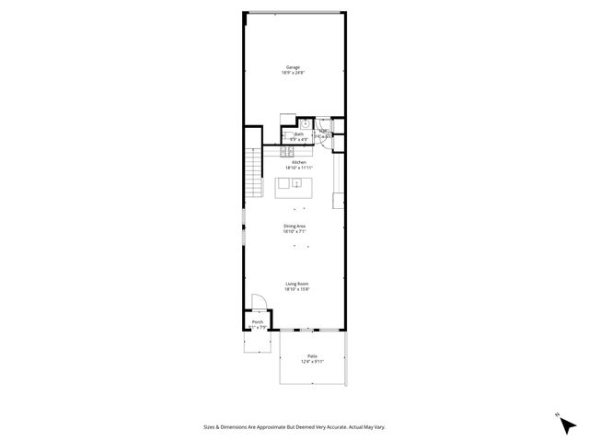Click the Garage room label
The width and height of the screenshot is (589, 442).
click(x=294, y=67)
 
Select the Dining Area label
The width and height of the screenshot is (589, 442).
click(x=294, y=226)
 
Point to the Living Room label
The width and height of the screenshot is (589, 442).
click(x=296, y=284)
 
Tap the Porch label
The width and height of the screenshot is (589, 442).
click(x=258, y=321)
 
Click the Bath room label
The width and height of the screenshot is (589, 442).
click(x=299, y=134)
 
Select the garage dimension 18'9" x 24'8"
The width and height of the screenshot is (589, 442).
click(x=294, y=73)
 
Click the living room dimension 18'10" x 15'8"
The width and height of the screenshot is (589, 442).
click(x=296, y=290)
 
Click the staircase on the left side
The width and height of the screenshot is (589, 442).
click(x=253, y=172)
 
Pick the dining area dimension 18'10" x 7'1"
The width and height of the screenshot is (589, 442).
click(x=294, y=232)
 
